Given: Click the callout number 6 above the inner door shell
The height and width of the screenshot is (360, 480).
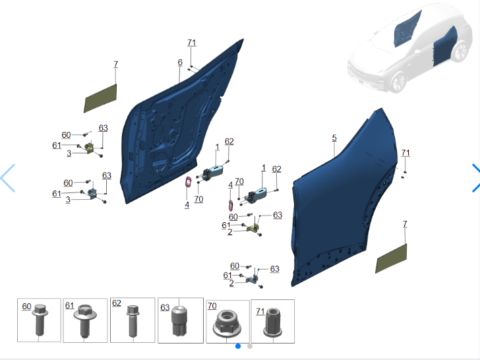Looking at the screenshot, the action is [180, 63].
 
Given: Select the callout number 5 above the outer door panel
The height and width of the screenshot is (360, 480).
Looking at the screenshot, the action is [334, 138].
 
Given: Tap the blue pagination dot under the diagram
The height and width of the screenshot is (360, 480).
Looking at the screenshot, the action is [238, 346].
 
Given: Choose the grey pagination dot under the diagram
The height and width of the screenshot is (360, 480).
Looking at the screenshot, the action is [250, 346].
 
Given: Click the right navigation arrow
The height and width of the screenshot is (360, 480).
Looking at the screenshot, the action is [476, 178].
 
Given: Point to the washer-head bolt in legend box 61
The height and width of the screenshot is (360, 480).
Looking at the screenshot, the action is [85, 320].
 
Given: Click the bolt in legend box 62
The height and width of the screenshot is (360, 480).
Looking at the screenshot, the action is [133, 320].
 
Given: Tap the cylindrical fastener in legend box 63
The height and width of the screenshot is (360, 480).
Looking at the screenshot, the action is [179, 321].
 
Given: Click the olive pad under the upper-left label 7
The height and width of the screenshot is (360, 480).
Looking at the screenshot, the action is [100, 98].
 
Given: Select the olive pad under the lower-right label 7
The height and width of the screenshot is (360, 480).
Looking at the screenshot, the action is [391, 258].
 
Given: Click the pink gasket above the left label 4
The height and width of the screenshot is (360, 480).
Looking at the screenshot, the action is [188, 182].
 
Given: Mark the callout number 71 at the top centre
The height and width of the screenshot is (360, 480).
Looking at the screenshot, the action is [192, 43].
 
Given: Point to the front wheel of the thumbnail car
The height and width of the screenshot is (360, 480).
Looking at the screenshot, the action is [399, 82].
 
